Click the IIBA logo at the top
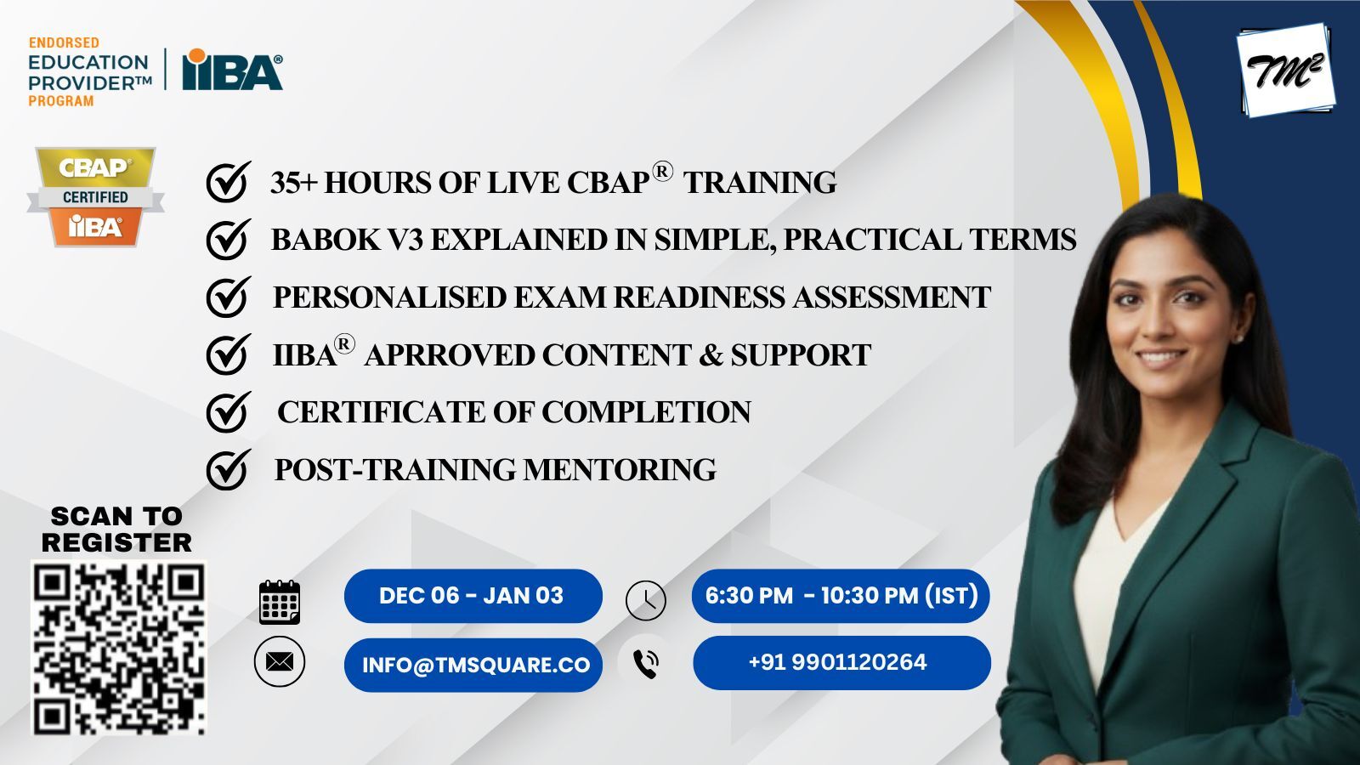click(x=233, y=69)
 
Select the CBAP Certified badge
click(x=95, y=196)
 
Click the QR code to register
click(x=118, y=648)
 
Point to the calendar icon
click(x=280, y=602)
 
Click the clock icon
click(x=645, y=600)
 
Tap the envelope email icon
click(x=280, y=662)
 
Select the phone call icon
click(x=646, y=664)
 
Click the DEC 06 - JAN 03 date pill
click(x=473, y=596)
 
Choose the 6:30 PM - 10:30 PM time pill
click(x=841, y=596)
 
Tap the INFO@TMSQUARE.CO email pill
click(x=473, y=665)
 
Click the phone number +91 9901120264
click(x=838, y=662)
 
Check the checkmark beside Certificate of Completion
click(x=229, y=411)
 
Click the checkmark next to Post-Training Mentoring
click(x=229, y=469)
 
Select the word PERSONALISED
click(x=390, y=297)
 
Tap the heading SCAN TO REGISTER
click(x=116, y=530)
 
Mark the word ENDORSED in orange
click(x=64, y=43)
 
